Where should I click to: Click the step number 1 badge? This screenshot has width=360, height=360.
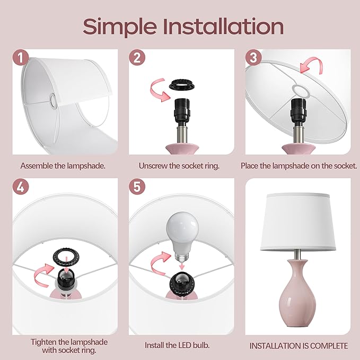pyautogui.click(x=21, y=58)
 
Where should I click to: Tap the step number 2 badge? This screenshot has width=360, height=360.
pyautogui.click(x=137, y=58)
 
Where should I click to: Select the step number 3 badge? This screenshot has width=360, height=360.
pyautogui.click(x=253, y=58)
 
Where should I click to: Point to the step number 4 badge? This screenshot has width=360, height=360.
pyautogui.click(x=21, y=187)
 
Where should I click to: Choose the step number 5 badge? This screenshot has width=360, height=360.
pyautogui.click(x=137, y=187)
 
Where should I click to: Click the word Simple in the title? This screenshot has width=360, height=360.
pyautogui.click(x=119, y=27)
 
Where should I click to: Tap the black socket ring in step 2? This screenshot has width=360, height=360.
pyautogui.click(x=182, y=85)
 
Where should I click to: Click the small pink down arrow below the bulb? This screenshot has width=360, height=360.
pyautogui.click(x=182, y=266)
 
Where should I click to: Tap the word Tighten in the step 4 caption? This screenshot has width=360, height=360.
pyautogui.click(x=43, y=342)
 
